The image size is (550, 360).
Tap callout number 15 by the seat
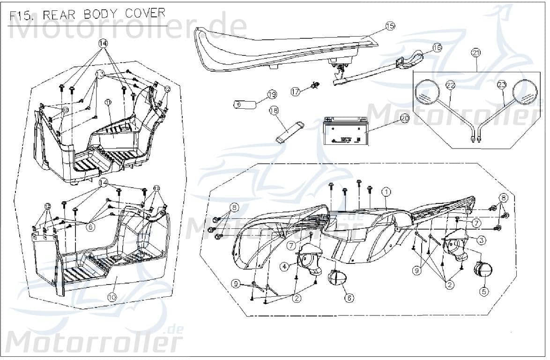[x=390, y=26]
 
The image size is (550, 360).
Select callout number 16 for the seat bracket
[x=437, y=47]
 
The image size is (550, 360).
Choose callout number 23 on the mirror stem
[x=502, y=85]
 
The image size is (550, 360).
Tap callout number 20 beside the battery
[x=404, y=119]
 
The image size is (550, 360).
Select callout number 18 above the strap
[x=274, y=110]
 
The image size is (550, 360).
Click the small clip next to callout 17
[x=315, y=86]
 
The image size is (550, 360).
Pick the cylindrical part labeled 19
[x=245, y=104]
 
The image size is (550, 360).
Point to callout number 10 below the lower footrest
[x=111, y=297]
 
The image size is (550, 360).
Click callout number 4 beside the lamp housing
[x=284, y=266]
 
